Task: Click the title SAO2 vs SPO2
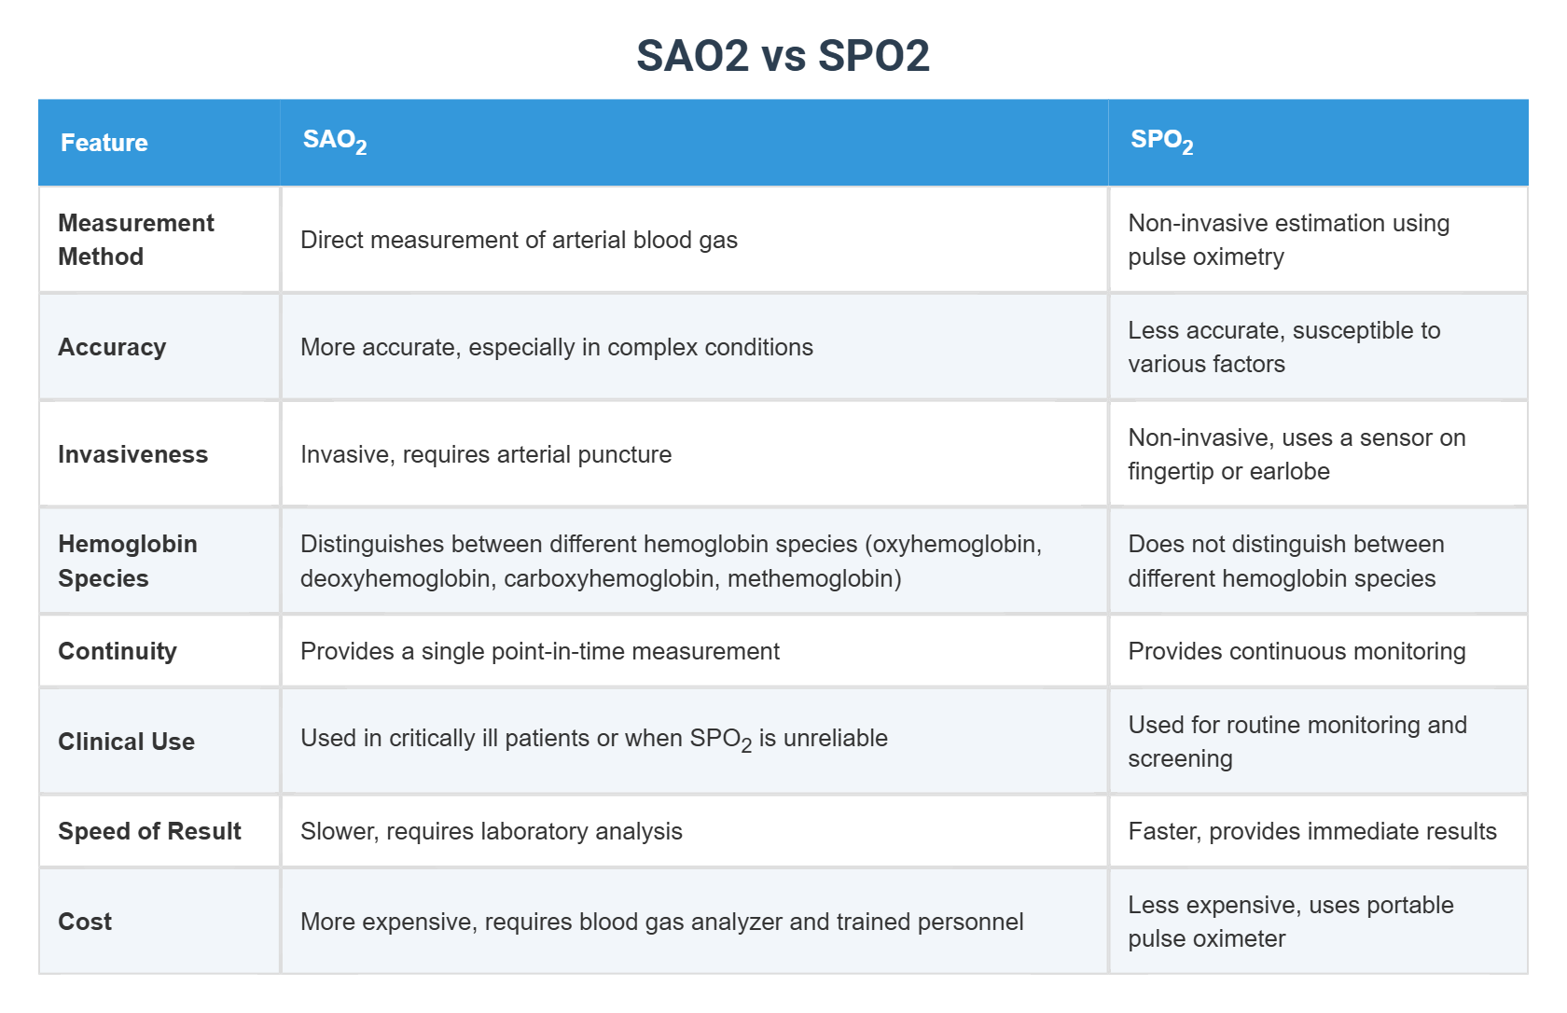pyautogui.click(x=783, y=56)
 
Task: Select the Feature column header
pyautogui.click(x=104, y=143)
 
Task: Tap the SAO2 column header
pyautogui.click(x=334, y=141)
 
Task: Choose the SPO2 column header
pyautogui.click(x=1161, y=141)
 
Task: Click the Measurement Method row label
pyautogui.click(x=135, y=240)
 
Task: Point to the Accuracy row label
pyautogui.click(x=112, y=347)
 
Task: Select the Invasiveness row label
pyautogui.click(x=132, y=454)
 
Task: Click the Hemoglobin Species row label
pyautogui.click(x=128, y=561)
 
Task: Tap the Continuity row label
pyautogui.click(x=118, y=651)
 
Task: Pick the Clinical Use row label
pyautogui.click(x=126, y=742)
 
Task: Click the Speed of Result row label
pyautogui.click(x=149, y=831)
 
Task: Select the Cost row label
pyautogui.click(x=85, y=922)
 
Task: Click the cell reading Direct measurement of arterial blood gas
pyautogui.click(x=519, y=240)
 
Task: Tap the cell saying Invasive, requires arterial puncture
pyautogui.click(x=486, y=454)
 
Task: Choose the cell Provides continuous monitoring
pyautogui.click(x=1297, y=651)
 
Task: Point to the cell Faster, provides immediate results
pyautogui.click(x=1311, y=831)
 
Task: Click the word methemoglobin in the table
pyautogui.click(x=813, y=578)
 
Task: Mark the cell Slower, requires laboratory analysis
pyautogui.click(x=492, y=831)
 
